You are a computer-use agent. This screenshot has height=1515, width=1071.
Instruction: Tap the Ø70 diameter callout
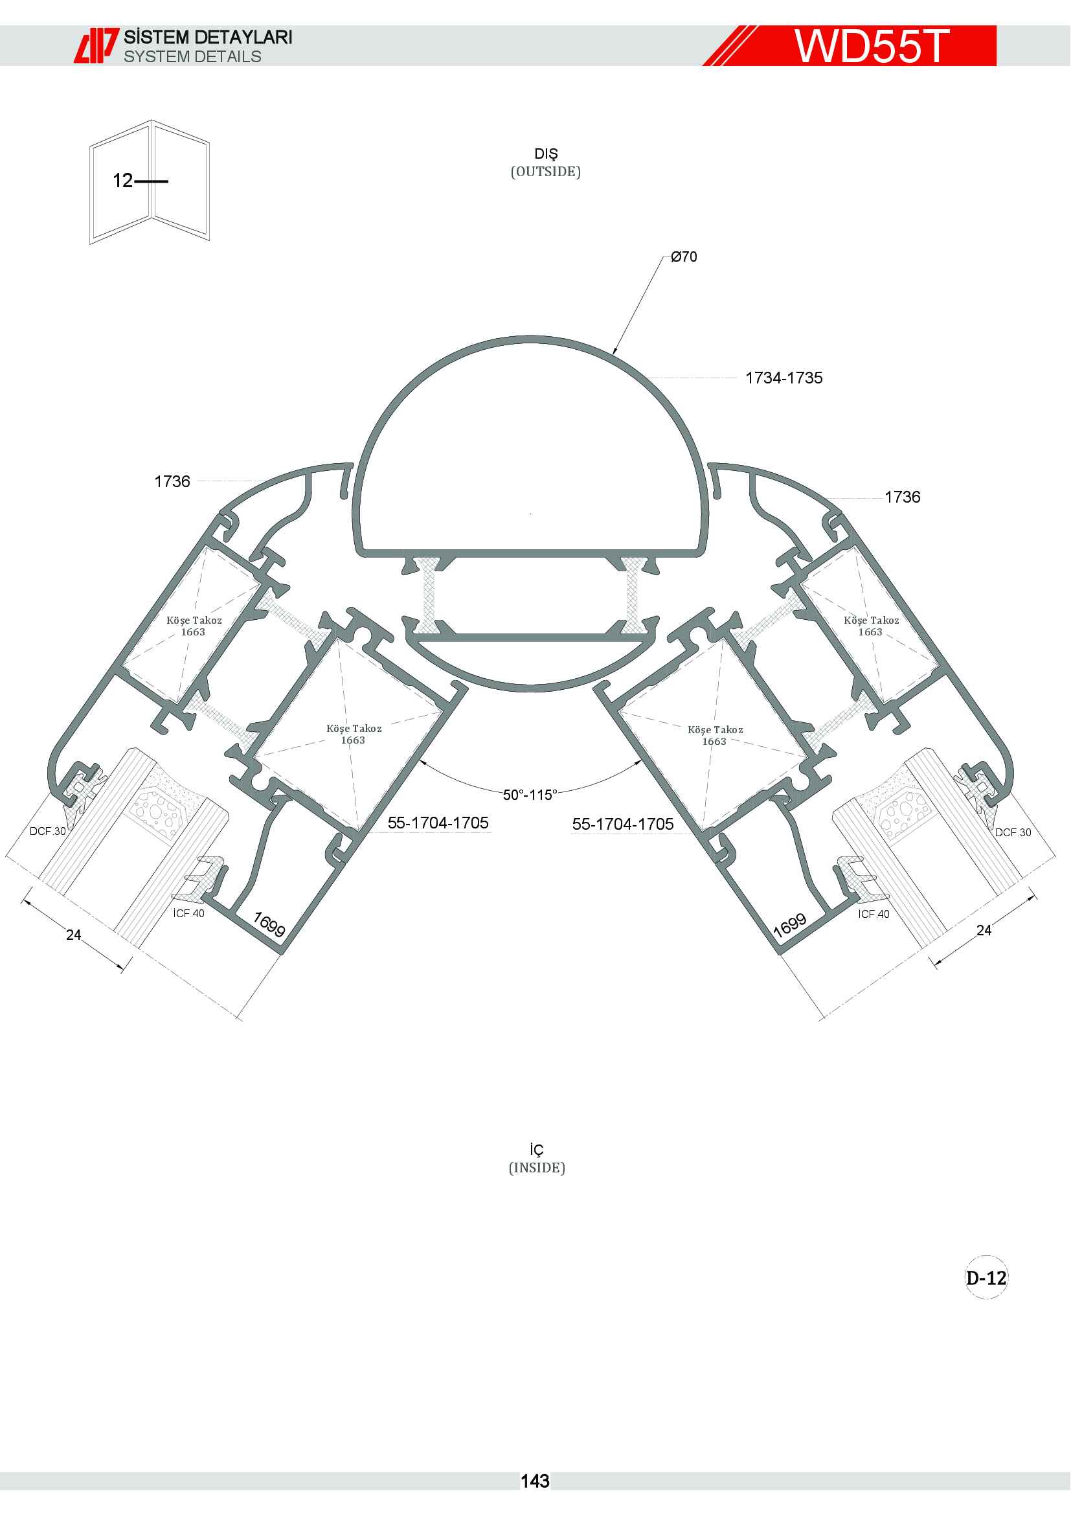(684, 256)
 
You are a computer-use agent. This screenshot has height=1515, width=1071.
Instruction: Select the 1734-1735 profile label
(784, 378)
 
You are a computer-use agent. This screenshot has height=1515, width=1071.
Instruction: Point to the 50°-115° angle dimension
(530, 795)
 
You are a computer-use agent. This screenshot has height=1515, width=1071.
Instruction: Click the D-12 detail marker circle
(986, 1277)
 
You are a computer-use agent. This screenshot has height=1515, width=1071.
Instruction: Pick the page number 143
(535, 1481)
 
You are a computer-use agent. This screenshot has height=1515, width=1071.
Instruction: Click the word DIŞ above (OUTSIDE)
(546, 154)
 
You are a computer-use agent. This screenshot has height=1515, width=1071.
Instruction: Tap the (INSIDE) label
(537, 1168)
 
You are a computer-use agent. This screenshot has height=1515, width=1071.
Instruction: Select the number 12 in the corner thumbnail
(122, 180)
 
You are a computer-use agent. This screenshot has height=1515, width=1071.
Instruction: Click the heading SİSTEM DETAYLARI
(208, 37)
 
